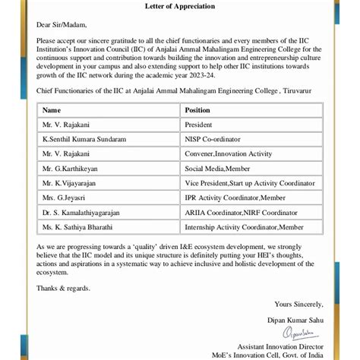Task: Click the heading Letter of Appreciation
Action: pyautogui.click(x=179, y=7)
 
